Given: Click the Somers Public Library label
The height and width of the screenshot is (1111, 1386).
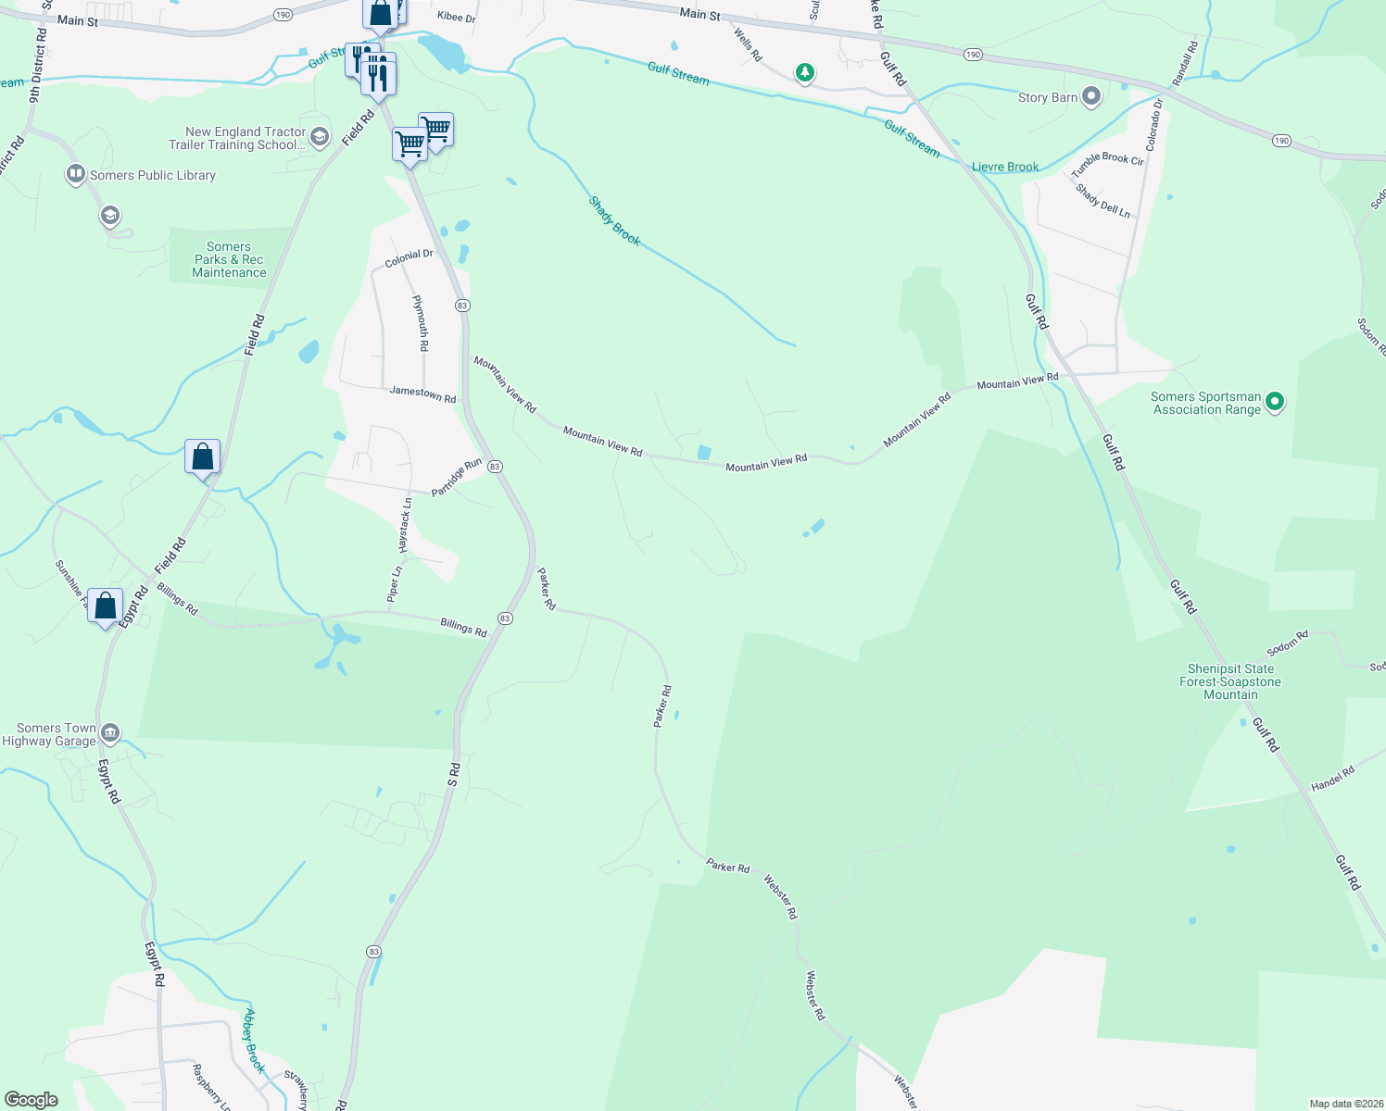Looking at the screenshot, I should tap(152, 175).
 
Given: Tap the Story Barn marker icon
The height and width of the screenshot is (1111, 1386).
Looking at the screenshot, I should tap(1091, 96).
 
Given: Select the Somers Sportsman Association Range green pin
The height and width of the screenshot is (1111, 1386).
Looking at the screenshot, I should tap(1275, 402).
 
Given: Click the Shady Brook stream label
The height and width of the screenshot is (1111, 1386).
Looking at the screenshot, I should tap(615, 221).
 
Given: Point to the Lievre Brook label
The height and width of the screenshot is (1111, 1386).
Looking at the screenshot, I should tap(1005, 168).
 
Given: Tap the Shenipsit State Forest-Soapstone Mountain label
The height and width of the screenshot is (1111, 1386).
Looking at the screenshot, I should tap(1230, 681).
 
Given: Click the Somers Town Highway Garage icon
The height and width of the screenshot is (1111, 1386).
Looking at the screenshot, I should tap(110, 734).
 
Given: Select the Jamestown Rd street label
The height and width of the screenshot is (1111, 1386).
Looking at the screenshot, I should tap(422, 393).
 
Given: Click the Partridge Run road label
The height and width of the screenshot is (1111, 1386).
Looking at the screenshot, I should tap(457, 477).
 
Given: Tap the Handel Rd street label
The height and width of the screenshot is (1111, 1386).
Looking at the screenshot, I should tap(1332, 779).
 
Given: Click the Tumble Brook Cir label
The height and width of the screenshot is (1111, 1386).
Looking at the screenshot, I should tap(1107, 165).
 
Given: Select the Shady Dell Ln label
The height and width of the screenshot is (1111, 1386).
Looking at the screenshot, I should tap(1102, 201).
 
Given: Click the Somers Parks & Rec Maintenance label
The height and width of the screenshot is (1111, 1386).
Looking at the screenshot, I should tap(229, 260).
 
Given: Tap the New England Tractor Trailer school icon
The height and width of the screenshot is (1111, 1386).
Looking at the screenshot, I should tap(320, 138).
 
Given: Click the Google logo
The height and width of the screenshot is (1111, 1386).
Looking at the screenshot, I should tap(31, 1100).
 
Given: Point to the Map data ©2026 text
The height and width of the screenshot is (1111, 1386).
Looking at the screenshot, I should tap(1344, 1104).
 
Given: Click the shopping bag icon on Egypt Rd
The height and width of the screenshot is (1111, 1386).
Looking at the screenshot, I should tap(106, 607).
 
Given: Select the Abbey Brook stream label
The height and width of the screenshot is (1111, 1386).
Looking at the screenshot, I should tap(254, 1041).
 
